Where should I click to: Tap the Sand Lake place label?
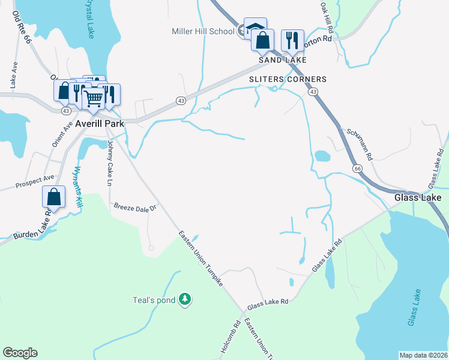(283, 61)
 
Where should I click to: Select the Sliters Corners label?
(288, 79)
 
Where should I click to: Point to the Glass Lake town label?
(418, 197)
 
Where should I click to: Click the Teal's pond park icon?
(186, 299)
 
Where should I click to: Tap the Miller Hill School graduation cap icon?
(255, 29)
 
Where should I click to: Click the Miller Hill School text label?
(203, 31)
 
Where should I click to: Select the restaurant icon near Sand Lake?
(292, 40)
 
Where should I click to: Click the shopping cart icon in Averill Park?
(93, 97)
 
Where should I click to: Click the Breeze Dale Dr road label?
(135, 208)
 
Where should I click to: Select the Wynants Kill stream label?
(77, 187)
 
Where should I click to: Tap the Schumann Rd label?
(360, 143)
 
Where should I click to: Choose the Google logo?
(20, 353)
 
